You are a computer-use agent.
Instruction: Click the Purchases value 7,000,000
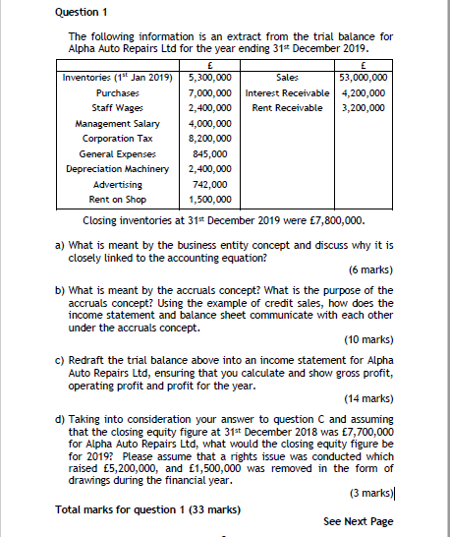(x=207, y=91)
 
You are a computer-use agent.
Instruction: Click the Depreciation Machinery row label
(x=114, y=169)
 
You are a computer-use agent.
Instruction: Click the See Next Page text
(x=358, y=520)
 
